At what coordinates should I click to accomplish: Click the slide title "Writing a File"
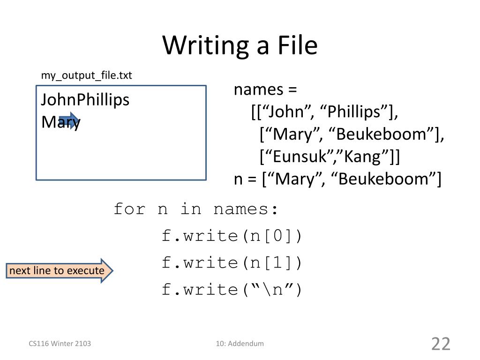point(240,45)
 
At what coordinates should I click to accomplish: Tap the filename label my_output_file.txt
point(86,75)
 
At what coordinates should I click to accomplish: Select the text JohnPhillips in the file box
point(85,100)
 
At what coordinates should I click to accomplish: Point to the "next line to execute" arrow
point(60,271)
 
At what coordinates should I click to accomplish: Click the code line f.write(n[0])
point(232,235)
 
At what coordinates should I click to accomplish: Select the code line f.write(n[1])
point(232,262)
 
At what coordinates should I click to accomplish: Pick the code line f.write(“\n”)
point(232,290)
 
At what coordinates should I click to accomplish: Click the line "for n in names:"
point(196,209)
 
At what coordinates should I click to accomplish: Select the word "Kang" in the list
point(362,157)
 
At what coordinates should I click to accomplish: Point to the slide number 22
point(440,344)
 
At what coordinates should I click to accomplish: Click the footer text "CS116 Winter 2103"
point(60,344)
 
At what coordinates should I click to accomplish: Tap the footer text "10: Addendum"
point(240,344)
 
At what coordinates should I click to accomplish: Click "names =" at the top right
point(266,90)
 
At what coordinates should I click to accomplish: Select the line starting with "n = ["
point(337,179)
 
